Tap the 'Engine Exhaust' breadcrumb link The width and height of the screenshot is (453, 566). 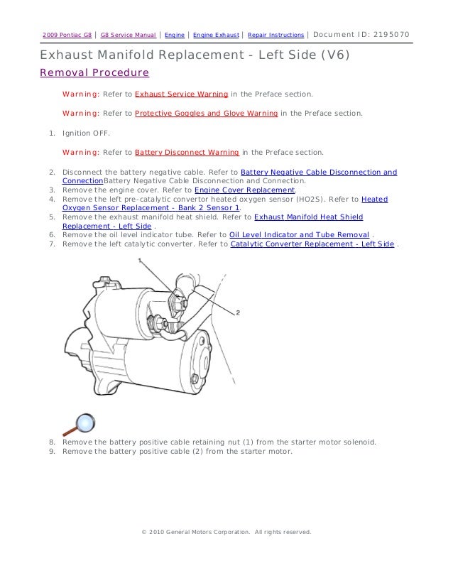click(x=216, y=35)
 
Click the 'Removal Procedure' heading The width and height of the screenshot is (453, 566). click(x=94, y=72)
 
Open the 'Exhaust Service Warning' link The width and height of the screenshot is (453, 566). click(x=181, y=93)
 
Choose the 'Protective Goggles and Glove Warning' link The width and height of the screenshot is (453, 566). click(x=207, y=112)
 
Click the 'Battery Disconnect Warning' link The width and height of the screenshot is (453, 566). click(x=187, y=152)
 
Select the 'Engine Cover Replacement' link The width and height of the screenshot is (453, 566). click(x=244, y=191)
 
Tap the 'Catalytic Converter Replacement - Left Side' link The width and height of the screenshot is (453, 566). click(x=312, y=244)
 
